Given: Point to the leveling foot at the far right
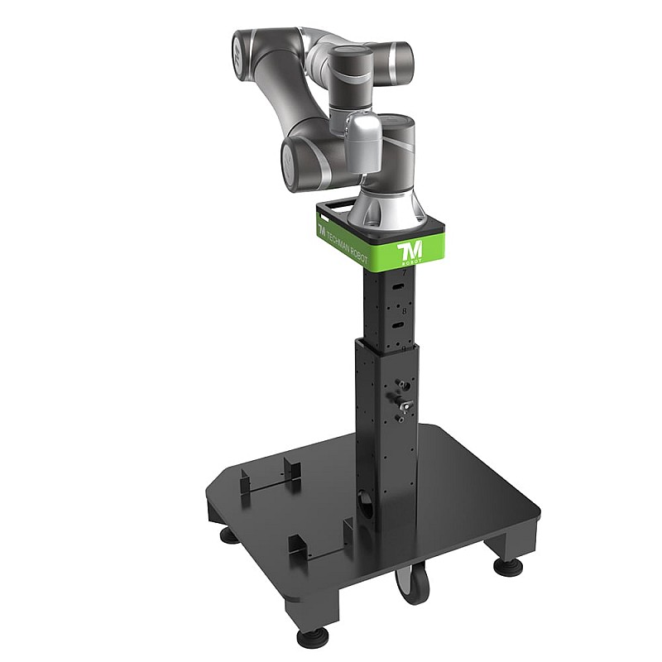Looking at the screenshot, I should tap(503, 568).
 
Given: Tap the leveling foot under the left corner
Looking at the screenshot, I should tap(225, 534).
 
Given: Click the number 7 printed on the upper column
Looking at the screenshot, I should tap(402, 273).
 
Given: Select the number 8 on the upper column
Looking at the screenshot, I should tap(402, 312).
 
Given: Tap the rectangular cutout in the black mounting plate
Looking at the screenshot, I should tap(336, 203).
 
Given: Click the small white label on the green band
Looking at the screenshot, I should tap(325, 218).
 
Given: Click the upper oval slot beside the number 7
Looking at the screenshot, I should tap(398, 286).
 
